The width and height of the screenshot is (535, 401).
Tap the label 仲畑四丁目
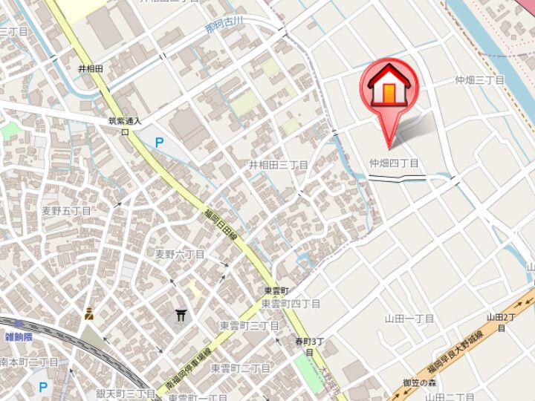(x=394, y=163)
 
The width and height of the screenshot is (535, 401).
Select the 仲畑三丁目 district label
(x=480, y=80)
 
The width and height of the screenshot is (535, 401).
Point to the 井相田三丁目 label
(x=278, y=165)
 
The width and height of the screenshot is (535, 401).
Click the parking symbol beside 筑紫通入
(x=158, y=140)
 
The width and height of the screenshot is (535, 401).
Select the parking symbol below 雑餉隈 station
(x=42, y=386)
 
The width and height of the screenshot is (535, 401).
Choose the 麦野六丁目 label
(x=179, y=254)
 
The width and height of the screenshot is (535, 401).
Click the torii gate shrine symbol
(x=181, y=316)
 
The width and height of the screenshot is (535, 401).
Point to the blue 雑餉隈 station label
(x=19, y=337)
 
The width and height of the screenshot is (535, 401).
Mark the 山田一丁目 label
(x=409, y=318)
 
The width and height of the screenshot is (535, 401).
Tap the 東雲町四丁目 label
(x=291, y=304)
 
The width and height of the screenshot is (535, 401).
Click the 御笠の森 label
(x=418, y=382)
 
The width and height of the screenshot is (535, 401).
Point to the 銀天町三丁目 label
(x=124, y=393)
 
